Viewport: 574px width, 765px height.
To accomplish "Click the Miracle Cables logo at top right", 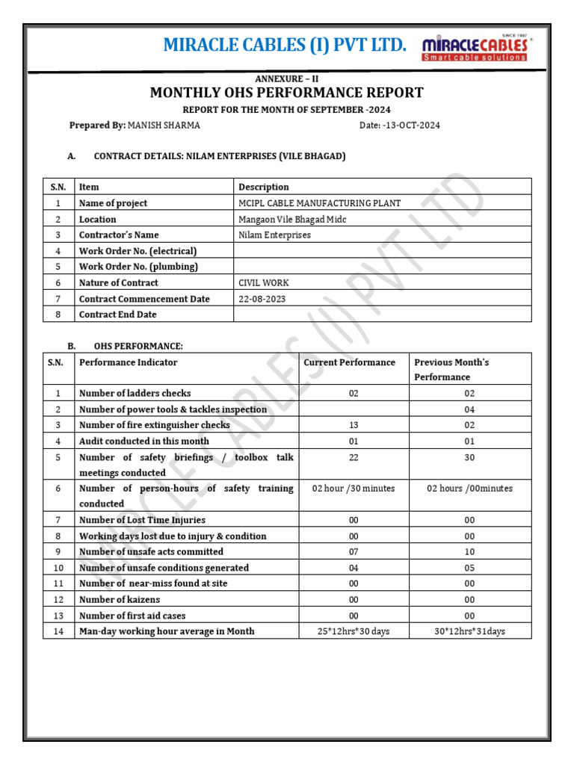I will pyautogui.click(x=475, y=47).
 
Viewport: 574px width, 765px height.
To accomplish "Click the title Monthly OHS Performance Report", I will pyautogui.click(x=287, y=93).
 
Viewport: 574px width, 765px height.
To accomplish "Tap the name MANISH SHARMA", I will pyautogui.click(x=164, y=125).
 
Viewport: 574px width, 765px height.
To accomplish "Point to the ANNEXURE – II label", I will pyautogui.click(x=287, y=78).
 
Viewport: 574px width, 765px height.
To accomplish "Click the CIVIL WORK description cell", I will pyautogui.click(x=263, y=282).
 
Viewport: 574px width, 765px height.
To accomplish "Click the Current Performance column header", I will pyautogui.click(x=349, y=362).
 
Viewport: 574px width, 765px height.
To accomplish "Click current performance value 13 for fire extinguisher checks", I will pyautogui.click(x=354, y=425).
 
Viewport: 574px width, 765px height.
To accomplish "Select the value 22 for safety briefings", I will pyautogui.click(x=354, y=457).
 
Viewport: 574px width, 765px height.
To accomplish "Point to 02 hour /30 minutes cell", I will pyautogui.click(x=354, y=489).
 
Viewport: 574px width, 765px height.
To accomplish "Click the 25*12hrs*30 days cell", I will pyautogui.click(x=354, y=631).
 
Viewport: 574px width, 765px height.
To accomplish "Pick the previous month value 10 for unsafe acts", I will pyautogui.click(x=469, y=551).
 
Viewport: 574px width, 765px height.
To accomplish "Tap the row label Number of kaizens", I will pyautogui.click(x=120, y=599).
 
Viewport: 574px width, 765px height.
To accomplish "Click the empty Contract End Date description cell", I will pyautogui.click(x=382, y=315).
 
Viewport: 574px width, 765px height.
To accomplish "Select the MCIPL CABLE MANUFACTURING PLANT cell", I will pyautogui.click(x=319, y=203).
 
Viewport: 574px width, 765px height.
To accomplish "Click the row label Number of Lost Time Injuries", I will pyautogui.click(x=142, y=520).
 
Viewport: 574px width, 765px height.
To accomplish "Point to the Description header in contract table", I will pyautogui.click(x=263, y=187).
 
